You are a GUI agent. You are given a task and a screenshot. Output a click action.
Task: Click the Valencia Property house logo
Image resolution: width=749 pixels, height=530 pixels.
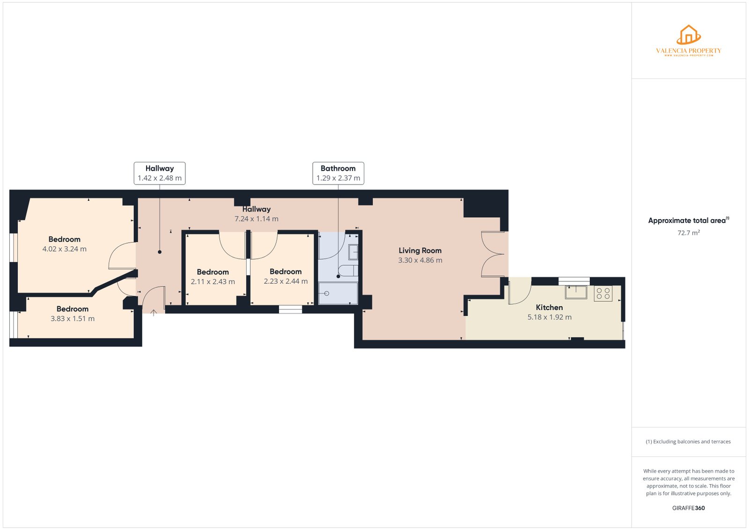point(688,35)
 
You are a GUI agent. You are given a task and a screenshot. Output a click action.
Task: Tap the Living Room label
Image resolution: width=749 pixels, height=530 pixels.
point(420,250)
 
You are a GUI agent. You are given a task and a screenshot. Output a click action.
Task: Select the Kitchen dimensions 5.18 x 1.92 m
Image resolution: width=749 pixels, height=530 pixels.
point(549,317)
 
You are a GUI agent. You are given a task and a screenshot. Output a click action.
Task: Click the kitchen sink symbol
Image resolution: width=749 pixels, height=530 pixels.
point(576,292)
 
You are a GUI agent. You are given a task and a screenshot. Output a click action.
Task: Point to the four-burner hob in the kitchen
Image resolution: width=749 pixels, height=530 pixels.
point(603,294)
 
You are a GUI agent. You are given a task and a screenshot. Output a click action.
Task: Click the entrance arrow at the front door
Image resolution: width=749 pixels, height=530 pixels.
point(153,312)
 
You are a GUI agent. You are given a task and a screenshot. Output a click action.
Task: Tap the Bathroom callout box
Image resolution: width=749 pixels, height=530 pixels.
point(338,173)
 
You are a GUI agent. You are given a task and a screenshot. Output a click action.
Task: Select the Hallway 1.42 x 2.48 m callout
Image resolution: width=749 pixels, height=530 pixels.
point(159,173)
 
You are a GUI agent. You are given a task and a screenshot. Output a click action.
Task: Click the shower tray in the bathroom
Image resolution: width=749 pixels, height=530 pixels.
point(338,294)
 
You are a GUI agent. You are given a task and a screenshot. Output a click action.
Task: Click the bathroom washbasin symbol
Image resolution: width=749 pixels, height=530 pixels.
point(353,252)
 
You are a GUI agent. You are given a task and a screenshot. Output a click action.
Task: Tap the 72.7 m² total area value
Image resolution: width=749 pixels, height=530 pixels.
point(688,233)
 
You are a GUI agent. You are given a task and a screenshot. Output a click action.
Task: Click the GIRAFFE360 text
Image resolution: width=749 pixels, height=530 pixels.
point(688,508)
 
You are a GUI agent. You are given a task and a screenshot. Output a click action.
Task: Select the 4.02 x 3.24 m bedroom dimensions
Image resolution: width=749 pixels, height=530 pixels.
point(64,249)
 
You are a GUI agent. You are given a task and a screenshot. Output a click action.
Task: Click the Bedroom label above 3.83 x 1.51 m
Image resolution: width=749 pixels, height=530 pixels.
point(72,309)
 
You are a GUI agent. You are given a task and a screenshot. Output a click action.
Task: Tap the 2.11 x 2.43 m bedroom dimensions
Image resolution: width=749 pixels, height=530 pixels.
point(213,282)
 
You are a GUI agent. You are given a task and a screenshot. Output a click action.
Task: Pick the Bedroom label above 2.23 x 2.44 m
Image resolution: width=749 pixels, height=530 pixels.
point(286,272)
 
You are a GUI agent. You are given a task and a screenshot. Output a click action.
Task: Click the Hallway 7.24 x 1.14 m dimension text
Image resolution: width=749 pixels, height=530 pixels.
point(256,219)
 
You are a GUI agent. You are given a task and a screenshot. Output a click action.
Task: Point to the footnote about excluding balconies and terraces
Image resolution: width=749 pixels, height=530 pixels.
point(688,442)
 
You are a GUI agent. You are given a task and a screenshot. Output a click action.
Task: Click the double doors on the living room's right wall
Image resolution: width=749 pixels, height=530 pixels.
point(493,254)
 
